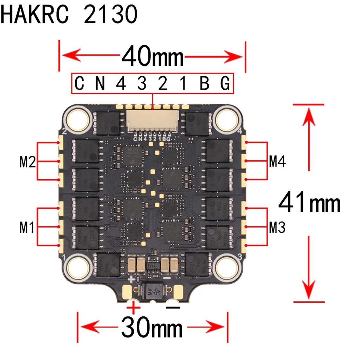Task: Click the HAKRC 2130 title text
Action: click(69, 15)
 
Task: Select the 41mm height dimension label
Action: click(309, 203)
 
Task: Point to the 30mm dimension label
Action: click(152, 328)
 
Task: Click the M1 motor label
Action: click(27, 228)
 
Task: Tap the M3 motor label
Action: click(277, 228)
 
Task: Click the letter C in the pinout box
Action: click(80, 84)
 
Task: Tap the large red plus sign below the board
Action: click(133, 308)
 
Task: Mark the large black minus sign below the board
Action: click(173, 308)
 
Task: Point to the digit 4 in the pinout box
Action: click(121, 84)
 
